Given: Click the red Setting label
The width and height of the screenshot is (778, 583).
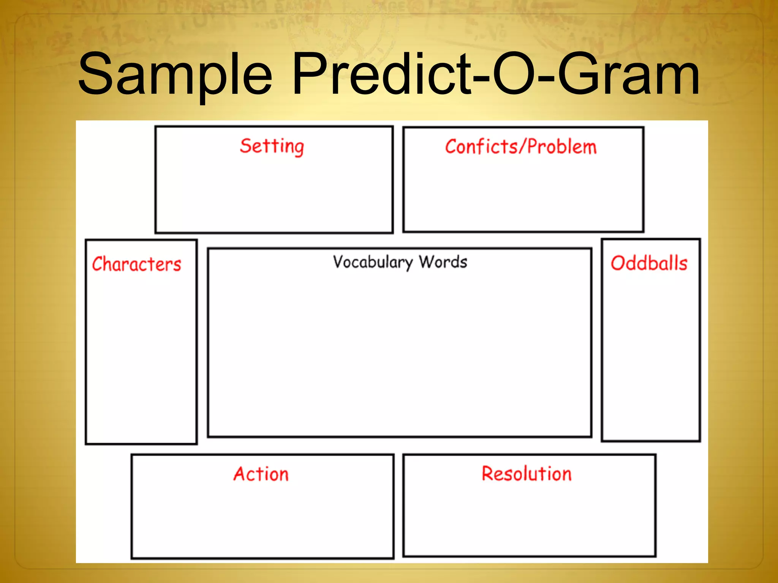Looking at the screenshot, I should tap(272, 146).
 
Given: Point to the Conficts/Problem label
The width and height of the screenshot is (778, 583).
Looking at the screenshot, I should tap(521, 147).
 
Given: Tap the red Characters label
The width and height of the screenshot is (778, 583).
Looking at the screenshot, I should tap(137, 264).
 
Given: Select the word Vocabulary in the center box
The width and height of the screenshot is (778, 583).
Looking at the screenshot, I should tap(373, 262).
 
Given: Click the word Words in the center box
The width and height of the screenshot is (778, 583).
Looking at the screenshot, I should tap(443, 262).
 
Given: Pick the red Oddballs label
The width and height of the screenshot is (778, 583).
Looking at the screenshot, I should tap(649, 263).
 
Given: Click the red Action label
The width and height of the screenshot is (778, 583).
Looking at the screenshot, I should tap(261, 474).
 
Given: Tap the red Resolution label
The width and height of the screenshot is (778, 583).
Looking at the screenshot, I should tap(527, 474).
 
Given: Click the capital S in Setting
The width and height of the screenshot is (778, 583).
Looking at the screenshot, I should tap(246, 146).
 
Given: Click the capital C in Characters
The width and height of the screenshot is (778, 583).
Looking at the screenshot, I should tap(98, 264).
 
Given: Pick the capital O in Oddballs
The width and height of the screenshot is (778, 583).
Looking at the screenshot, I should tap(619, 263).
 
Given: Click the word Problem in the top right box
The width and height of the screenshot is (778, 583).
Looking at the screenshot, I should tap(562, 147).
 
